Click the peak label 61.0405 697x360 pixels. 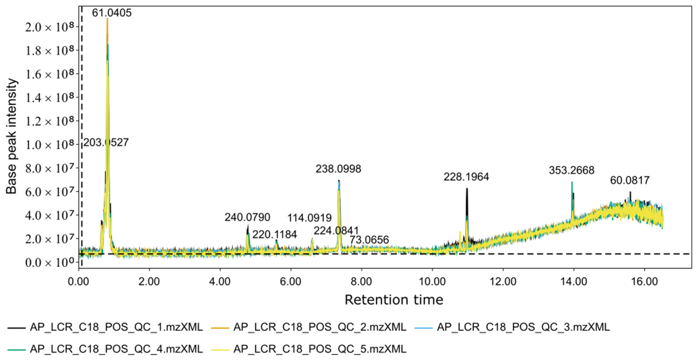click(112, 13)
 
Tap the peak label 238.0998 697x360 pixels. click(338, 169)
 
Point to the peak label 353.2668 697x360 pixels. click(571, 170)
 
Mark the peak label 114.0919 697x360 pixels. click(309, 218)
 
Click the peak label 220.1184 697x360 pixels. click(275, 234)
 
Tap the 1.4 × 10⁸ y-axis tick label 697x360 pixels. click(50, 98)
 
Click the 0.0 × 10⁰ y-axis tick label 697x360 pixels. click(50, 262)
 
